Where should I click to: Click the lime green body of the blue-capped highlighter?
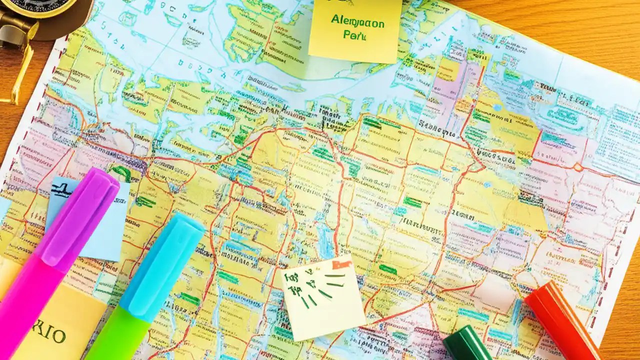(117, 340)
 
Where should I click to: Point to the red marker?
(562, 320)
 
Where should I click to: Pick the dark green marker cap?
(467, 345)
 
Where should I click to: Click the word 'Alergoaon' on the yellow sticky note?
(357, 22)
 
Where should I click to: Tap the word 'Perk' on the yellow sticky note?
(354, 35)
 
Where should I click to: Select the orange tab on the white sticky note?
(342, 263)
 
